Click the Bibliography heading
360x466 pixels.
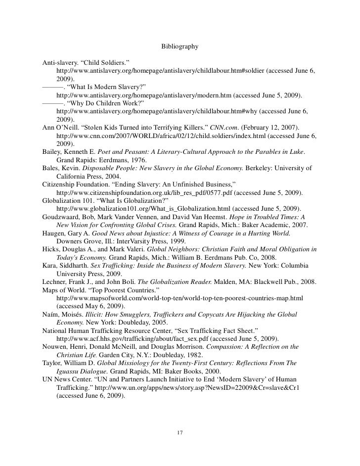[180, 47]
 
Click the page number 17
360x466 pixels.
[180, 433]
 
